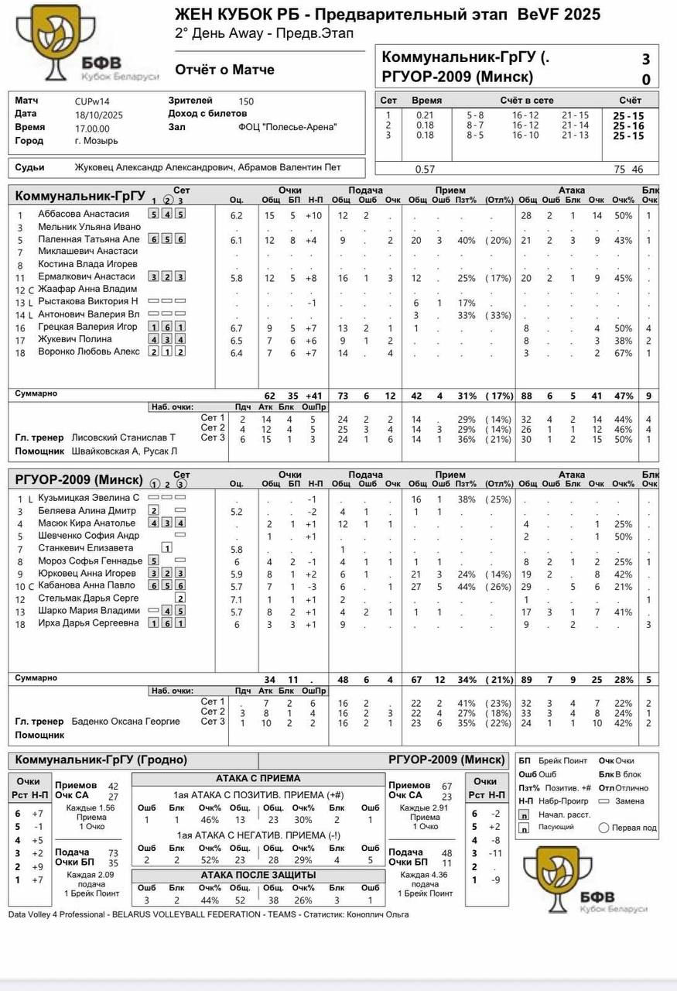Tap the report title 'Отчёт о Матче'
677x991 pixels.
point(224,70)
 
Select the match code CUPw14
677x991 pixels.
point(92,101)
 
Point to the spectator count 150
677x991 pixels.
point(246,101)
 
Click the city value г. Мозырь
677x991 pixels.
point(96,142)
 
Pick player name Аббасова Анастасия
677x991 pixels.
point(84,214)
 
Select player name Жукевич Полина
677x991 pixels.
point(76,339)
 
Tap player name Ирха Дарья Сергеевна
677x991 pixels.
point(88,623)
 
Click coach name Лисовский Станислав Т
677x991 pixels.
point(124,437)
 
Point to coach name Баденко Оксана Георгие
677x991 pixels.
point(125,722)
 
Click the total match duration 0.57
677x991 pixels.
point(425,170)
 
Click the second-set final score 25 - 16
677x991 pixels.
point(628,126)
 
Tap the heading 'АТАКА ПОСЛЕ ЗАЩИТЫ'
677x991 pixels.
point(258,875)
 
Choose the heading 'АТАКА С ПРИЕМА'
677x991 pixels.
point(258,779)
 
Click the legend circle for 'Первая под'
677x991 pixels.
point(604,828)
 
